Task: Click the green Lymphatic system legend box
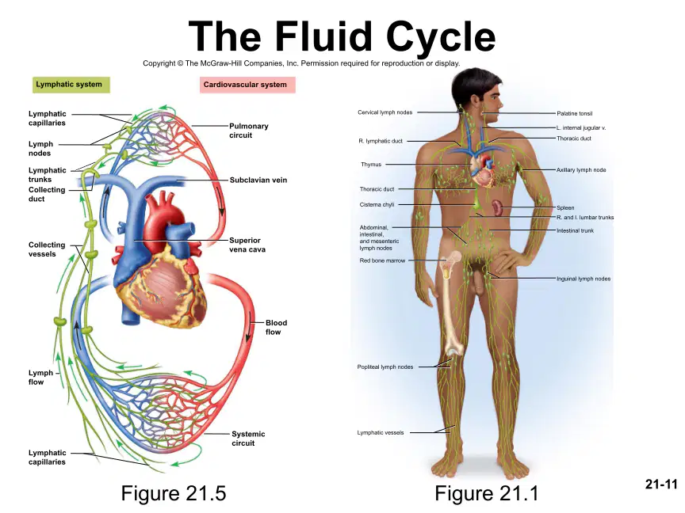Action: click(71, 85)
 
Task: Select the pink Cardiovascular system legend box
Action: click(247, 85)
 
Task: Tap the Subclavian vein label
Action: click(258, 180)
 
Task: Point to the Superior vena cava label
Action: click(247, 245)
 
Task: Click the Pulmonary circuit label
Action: click(249, 131)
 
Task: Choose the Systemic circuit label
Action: click(248, 439)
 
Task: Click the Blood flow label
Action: click(276, 327)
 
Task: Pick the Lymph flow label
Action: click(40, 378)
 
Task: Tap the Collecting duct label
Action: click(47, 194)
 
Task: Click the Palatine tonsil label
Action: click(575, 113)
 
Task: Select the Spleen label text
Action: click(565, 207)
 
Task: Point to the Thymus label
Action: click(371, 165)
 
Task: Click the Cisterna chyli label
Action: click(377, 204)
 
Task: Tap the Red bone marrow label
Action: click(382, 260)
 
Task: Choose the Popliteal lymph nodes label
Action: click(385, 367)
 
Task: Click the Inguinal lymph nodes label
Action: click(584, 279)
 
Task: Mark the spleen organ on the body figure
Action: click(497, 208)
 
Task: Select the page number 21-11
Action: click(661, 484)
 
